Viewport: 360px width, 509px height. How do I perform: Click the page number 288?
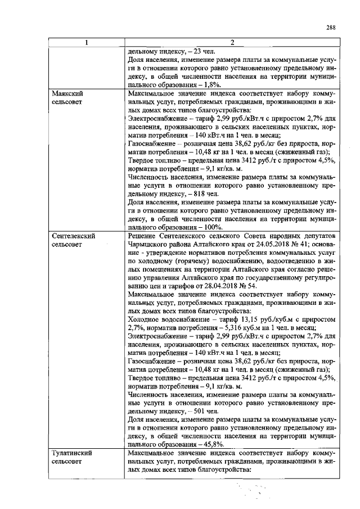tap(331, 28)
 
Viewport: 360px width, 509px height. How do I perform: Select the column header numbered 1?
tap(85, 43)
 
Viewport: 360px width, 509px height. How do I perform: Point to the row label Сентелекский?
tap(72, 236)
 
